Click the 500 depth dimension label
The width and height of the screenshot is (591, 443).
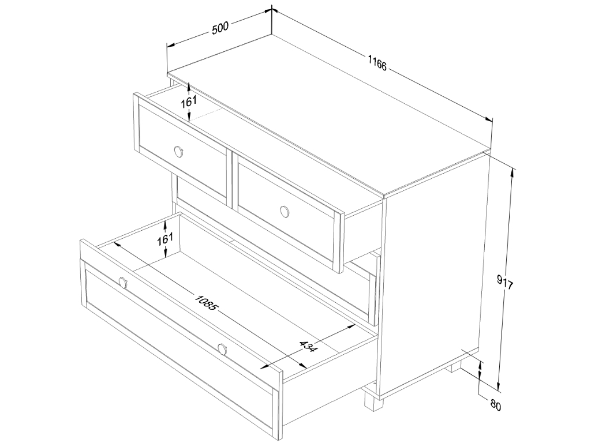220,28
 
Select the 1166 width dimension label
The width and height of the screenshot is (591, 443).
377,62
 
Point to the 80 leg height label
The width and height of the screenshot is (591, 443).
496,406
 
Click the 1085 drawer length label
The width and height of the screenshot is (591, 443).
206,301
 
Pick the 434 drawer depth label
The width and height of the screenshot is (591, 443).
307,346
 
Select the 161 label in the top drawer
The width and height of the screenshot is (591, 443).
189,102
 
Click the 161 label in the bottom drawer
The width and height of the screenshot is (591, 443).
165,239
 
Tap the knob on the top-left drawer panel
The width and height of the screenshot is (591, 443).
179,152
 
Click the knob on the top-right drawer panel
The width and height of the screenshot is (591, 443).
285,211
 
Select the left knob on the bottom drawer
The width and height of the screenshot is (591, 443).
123,282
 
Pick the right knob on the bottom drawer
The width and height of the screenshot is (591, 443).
222,349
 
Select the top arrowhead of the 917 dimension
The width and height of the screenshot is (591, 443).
512,173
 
